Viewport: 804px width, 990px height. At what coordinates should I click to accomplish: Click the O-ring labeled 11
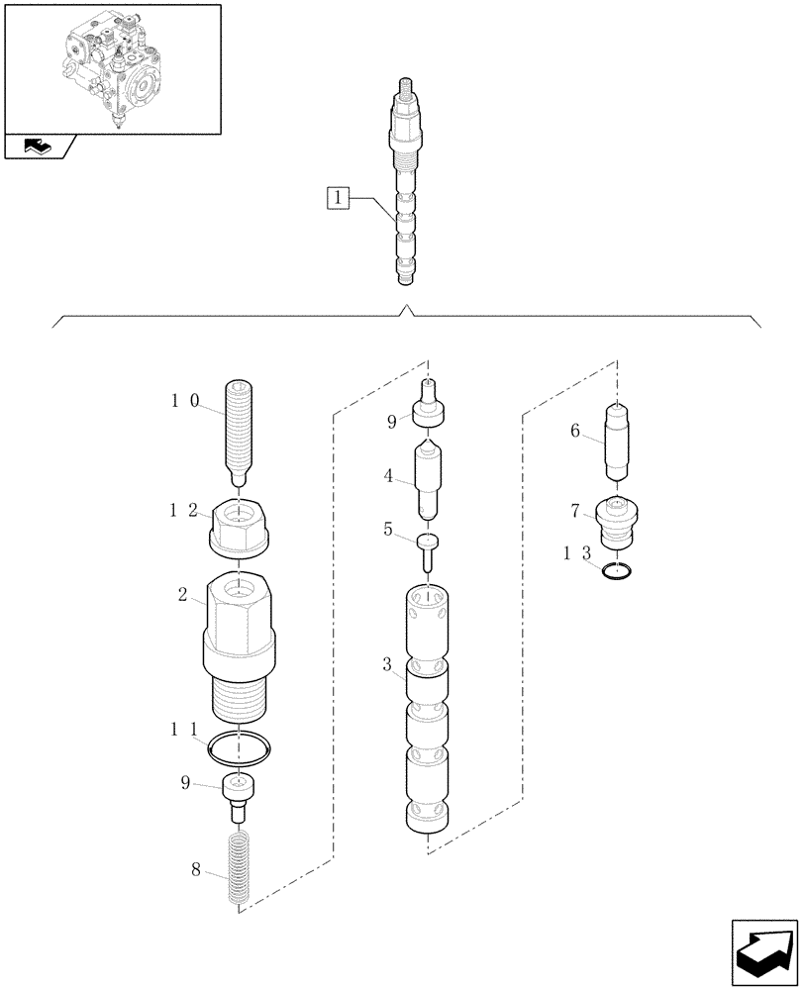(240, 749)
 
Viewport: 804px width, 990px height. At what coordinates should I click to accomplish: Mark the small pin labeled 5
(428, 549)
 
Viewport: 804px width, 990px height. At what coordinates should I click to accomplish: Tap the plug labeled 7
(620, 522)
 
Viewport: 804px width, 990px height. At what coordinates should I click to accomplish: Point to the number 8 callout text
(196, 870)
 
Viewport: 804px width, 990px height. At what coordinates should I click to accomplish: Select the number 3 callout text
(387, 664)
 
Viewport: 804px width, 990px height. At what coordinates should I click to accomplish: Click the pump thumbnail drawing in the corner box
(111, 67)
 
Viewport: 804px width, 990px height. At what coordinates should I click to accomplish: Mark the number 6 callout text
(574, 431)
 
